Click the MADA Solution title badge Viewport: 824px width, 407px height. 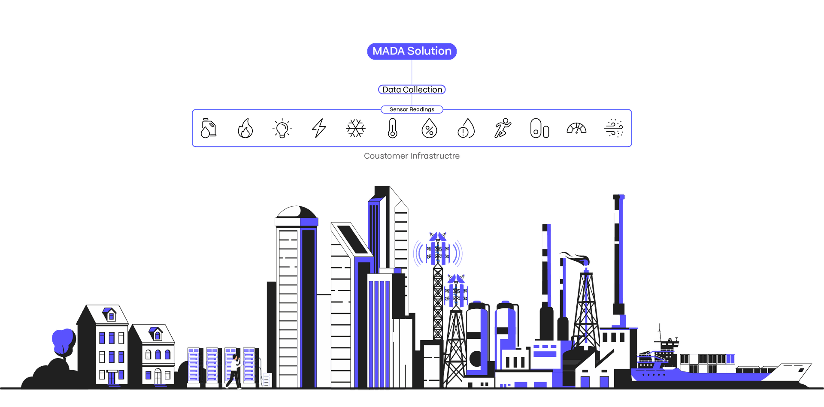coord(412,51)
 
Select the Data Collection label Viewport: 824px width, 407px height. coord(412,90)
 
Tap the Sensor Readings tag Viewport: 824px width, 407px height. coord(412,109)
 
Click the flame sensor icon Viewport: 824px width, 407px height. coord(245,128)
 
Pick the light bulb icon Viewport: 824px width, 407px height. coord(282,128)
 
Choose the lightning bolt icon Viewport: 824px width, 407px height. coord(319,128)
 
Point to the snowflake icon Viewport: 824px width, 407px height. coord(356,128)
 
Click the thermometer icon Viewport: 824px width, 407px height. coord(392,128)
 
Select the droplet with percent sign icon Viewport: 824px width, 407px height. coord(429,128)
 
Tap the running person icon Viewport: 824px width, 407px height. coord(503,128)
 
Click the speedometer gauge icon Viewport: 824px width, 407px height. coord(576,128)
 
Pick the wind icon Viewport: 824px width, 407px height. coord(613,128)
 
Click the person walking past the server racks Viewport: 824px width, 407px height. coord(234,371)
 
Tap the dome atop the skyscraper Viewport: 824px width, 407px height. coord(297,212)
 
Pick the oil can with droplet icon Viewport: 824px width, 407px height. coord(209,128)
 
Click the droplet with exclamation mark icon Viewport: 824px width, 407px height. coord(466,128)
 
